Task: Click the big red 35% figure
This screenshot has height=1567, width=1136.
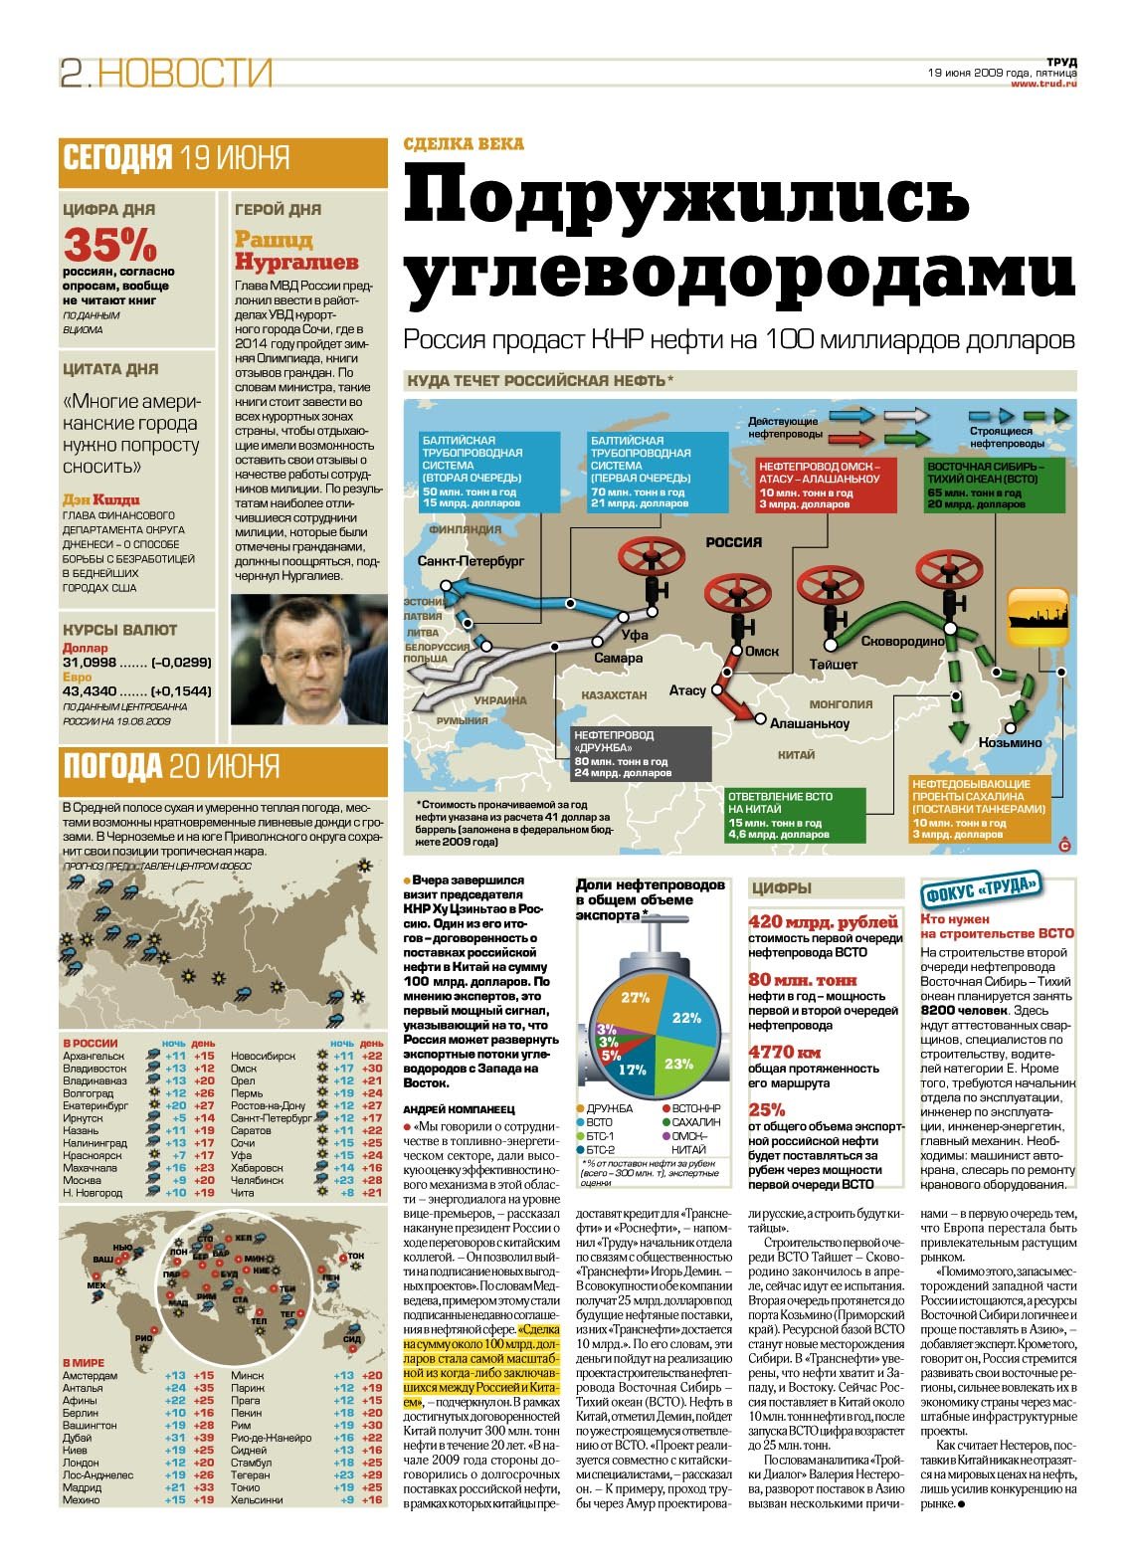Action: pyautogui.click(x=109, y=244)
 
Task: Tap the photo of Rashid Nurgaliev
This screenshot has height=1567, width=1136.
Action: pyautogui.click(x=308, y=659)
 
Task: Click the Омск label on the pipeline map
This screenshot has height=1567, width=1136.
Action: pyautogui.click(x=762, y=652)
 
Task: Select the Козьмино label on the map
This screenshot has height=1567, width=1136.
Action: pyautogui.click(x=1011, y=742)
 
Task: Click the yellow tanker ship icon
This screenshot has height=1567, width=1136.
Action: pyautogui.click(x=1039, y=617)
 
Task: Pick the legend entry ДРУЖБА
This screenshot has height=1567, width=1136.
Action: pyautogui.click(x=609, y=1107)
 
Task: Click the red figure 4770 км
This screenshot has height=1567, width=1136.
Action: pyautogui.click(x=785, y=1052)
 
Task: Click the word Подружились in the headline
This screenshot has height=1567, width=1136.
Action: pyautogui.click(x=686, y=197)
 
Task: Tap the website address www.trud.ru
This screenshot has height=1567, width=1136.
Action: pyautogui.click(x=1043, y=84)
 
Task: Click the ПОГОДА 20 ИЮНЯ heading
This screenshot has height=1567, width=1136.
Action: pyautogui.click(x=171, y=766)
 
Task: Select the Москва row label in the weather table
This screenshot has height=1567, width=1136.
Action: pyautogui.click(x=83, y=1180)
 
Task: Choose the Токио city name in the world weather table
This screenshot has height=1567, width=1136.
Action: pyautogui.click(x=246, y=1487)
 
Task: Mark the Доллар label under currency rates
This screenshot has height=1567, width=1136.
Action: pyautogui.click(x=85, y=648)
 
